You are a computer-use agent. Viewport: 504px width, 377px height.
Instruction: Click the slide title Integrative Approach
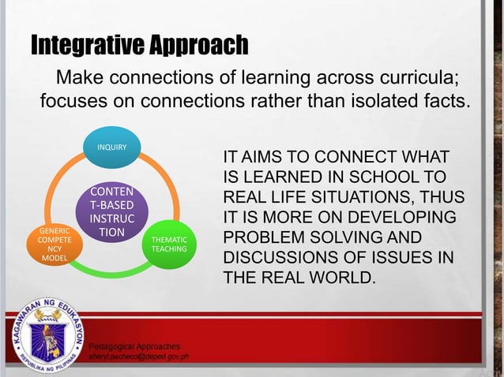click(139, 46)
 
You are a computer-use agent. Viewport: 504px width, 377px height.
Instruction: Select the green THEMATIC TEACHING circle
click(170, 244)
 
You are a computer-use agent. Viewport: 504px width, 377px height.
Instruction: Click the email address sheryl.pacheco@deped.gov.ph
click(137, 357)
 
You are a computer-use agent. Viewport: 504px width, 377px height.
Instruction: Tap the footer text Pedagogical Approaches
click(134, 346)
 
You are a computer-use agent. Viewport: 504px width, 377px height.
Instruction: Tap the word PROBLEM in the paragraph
click(264, 237)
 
